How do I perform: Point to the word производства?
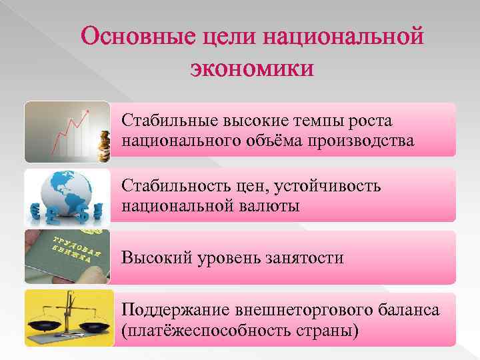pos(359,141)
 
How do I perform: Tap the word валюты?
pos(271,205)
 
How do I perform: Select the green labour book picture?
pos(67,257)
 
